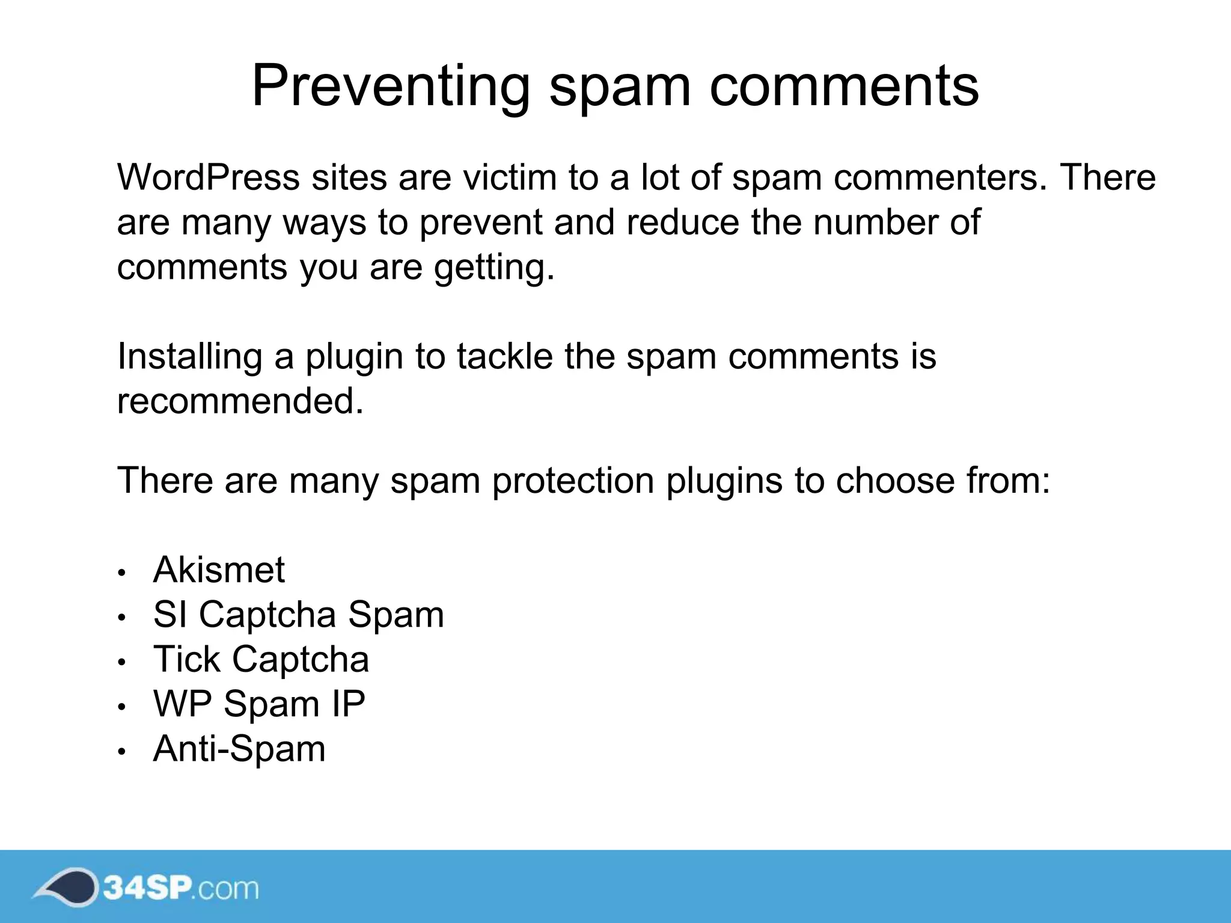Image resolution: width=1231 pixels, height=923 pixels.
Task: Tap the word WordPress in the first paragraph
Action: (x=208, y=178)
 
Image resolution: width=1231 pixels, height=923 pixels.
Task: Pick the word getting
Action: (x=494, y=268)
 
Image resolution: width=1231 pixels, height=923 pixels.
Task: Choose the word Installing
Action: (x=189, y=356)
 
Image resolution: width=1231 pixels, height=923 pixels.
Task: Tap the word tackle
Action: (x=504, y=356)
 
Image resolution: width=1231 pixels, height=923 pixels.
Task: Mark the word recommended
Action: (x=240, y=401)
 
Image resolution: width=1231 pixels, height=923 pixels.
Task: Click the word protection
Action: (x=573, y=481)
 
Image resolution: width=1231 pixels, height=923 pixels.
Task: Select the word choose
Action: (x=895, y=481)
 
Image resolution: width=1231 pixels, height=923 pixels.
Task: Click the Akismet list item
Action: (x=219, y=570)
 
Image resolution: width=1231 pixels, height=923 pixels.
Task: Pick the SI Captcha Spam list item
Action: (x=299, y=615)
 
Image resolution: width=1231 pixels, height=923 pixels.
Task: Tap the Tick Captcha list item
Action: (x=261, y=659)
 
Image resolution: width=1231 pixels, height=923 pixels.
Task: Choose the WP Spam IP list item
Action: (x=259, y=704)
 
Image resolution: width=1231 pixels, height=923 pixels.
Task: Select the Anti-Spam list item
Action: (x=239, y=749)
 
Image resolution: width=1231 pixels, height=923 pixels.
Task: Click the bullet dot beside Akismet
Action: (x=121, y=573)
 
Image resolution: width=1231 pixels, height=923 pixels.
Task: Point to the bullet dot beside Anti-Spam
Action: (x=121, y=752)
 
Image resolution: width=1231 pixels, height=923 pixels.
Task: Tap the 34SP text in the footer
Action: (x=148, y=888)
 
